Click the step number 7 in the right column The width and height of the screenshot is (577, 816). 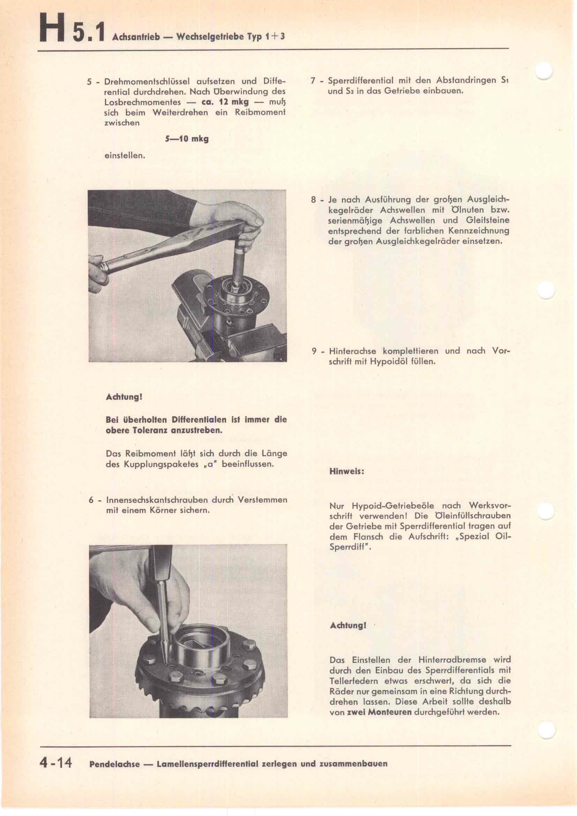click(x=313, y=81)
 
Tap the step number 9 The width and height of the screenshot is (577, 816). click(x=314, y=352)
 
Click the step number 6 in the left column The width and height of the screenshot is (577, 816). click(x=91, y=500)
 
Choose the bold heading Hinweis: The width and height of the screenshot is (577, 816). click(x=347, y=472)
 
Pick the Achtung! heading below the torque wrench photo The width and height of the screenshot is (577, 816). click(x=124, y=397)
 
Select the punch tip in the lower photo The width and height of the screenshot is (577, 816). click(x=166, y=662)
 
